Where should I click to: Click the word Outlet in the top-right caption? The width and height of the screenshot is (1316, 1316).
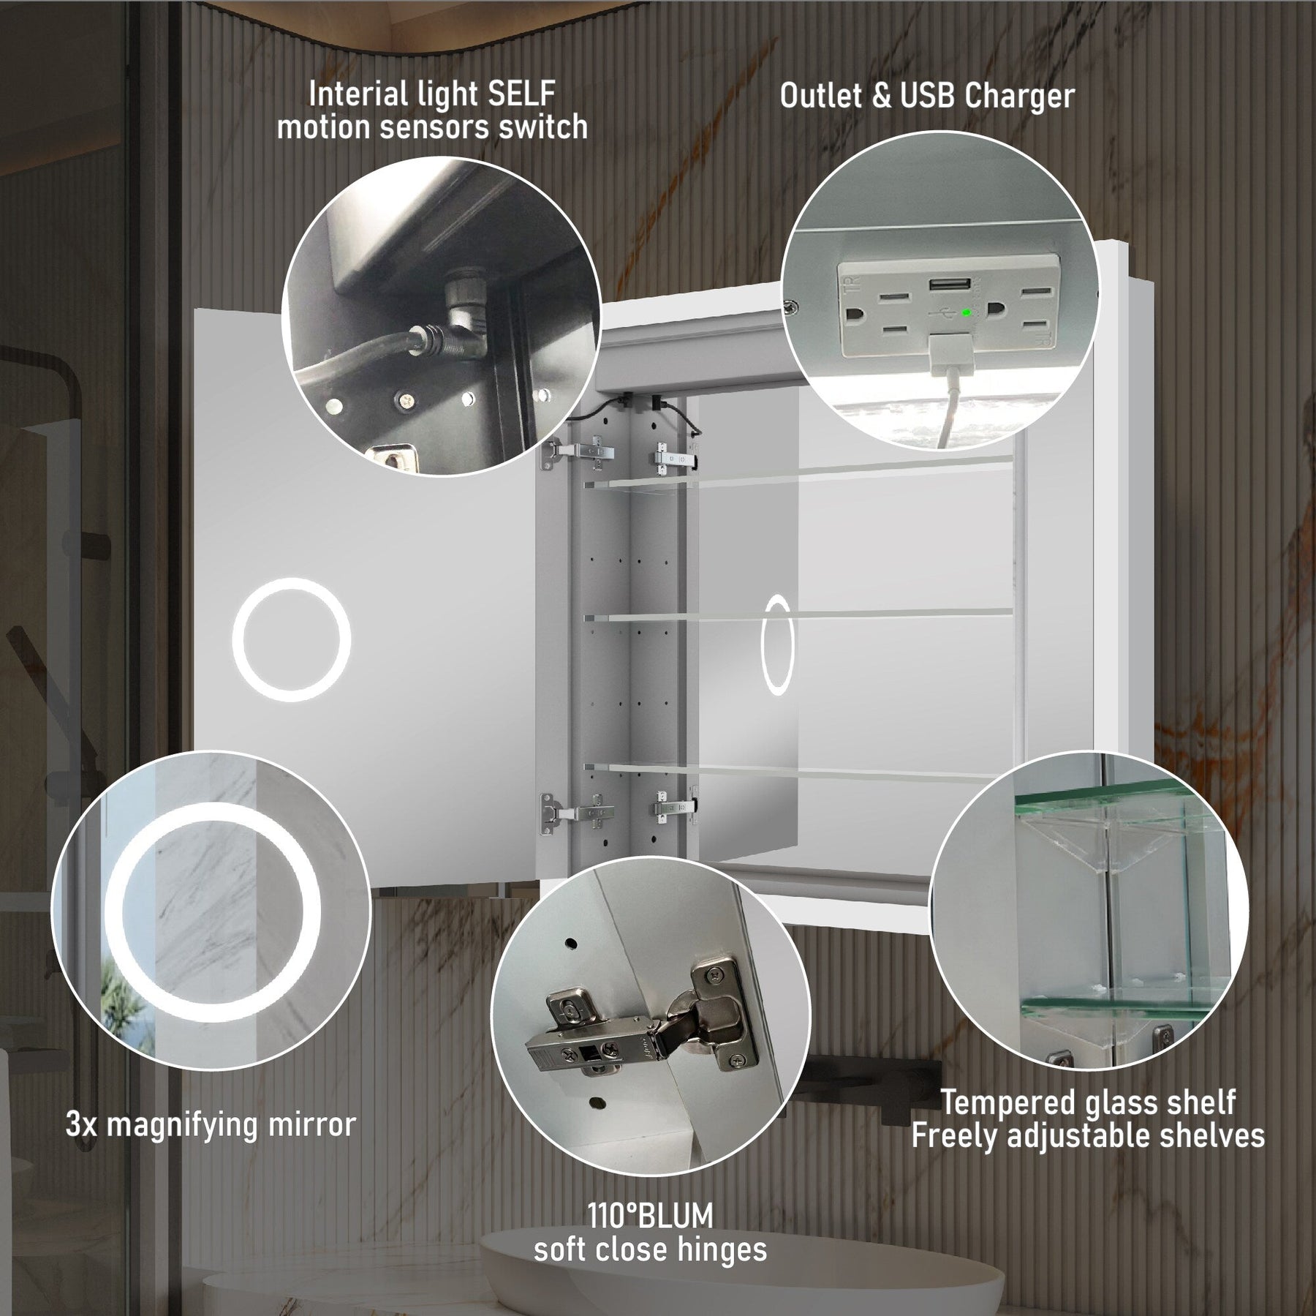[x=821, y=96]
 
